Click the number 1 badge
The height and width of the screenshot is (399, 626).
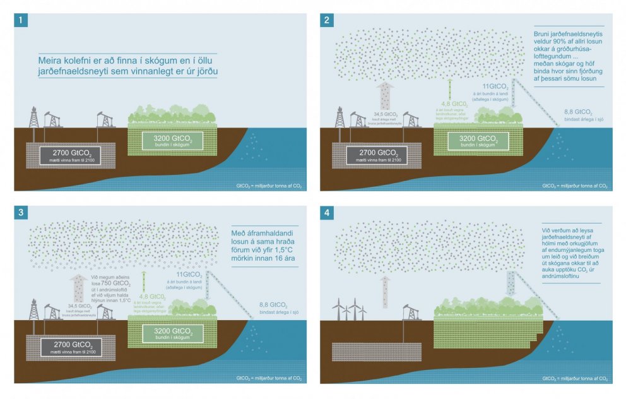point(23,21)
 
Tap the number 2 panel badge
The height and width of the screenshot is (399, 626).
point(327,21)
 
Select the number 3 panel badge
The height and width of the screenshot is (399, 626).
point(23,213)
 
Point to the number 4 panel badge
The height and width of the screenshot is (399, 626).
point(327,213)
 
